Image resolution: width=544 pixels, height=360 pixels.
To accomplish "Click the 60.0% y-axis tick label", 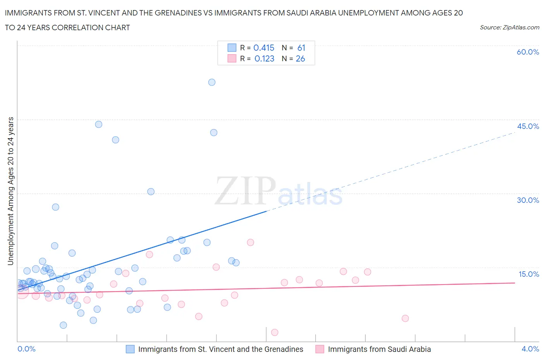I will coord(528,52).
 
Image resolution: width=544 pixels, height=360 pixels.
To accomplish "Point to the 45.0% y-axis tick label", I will coord(528,126).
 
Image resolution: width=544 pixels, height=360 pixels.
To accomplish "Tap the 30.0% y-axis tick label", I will coord(528,200).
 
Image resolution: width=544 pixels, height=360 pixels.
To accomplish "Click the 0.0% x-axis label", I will coord(26,349).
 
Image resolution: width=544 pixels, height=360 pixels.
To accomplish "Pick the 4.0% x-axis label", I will coord(530,349).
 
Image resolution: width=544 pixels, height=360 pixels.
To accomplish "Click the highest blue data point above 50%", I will coord(212,82).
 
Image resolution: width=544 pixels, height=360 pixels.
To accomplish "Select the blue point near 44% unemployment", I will coord(99,124).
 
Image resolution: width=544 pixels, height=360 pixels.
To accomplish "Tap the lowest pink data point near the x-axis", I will coord(275,332).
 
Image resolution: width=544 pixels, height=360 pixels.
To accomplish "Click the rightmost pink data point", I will coord(405,318).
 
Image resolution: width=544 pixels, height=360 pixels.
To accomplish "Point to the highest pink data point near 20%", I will coord(250,242).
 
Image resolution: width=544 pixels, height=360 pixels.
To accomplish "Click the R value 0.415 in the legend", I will coord(264,48).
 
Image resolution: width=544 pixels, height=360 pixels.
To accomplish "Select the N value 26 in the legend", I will coord(300,58).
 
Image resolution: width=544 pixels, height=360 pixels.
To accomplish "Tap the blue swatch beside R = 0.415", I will coord(232,48).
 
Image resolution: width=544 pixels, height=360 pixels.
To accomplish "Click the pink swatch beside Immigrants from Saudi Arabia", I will coord(320,349).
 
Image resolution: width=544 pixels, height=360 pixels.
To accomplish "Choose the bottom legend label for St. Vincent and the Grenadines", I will coord(221,349).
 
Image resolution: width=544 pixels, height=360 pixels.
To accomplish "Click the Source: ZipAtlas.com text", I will coord(509,27).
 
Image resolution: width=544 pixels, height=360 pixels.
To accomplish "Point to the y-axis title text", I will coord(10,191).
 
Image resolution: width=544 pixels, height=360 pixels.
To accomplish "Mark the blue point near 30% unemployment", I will coord(151,192).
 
